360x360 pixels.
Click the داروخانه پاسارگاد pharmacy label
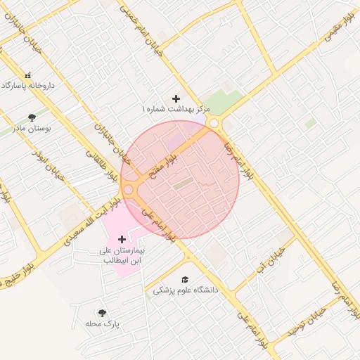28,85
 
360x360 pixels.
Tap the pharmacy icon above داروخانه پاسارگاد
28,75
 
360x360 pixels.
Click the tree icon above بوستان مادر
32,118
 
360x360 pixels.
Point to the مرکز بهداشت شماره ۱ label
176,110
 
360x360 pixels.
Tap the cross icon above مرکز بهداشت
176,99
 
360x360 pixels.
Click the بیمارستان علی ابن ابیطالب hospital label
121,255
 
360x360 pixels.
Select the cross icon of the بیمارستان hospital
122,240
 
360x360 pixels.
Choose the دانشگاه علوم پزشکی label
186,290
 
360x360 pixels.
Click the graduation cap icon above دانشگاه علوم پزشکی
185,279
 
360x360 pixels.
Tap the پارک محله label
103,324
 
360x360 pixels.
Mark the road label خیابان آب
271,261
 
